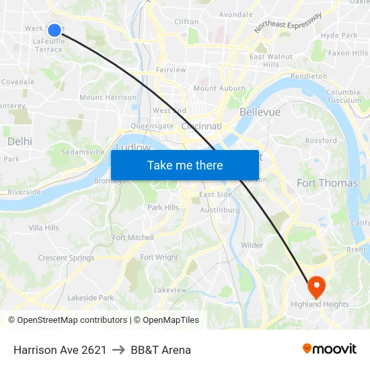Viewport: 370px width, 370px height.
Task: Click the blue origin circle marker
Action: click(x=54, y=30)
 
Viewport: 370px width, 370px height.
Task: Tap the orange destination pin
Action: click(x=316, y=287)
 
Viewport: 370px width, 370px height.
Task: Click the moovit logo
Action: click(x=330, y=349)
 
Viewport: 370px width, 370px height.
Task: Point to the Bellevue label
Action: click(x=260, y=112)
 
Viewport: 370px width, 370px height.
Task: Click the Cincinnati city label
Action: click(x=201, y=126)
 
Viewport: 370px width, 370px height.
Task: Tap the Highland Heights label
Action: click(x=320, y=304)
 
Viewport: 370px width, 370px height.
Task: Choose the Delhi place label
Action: click(x=20, y=141)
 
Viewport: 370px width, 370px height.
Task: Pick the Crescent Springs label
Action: click(x=66, y=258)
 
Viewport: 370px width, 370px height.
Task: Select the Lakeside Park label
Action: click(x=91, y=297)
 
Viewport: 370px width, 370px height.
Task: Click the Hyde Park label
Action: click(x=339, y=35)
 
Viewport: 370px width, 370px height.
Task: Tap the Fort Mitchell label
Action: click(x=133, y=237)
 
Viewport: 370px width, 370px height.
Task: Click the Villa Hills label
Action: click(x=44, y=228)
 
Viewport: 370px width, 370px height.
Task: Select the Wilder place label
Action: click(x=252, y=246)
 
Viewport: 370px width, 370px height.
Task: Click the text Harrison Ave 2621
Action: click(x=60, y=350)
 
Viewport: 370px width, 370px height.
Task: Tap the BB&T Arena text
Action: click(x=161, y=350)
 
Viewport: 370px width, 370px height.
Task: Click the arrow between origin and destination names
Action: click(x=118, y=350)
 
